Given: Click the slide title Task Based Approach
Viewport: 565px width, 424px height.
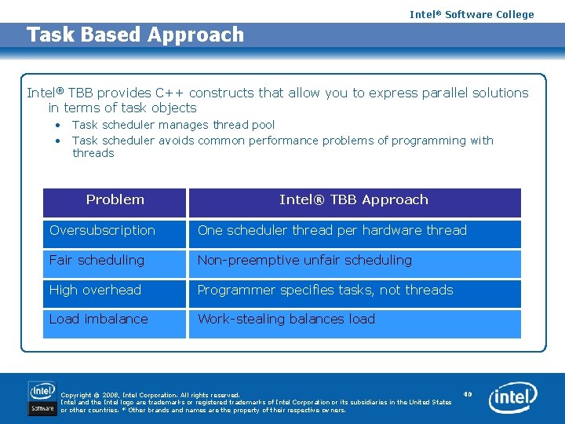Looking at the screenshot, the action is (x=135, y=35).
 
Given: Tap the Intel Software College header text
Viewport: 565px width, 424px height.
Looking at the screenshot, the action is (x=472, y=14).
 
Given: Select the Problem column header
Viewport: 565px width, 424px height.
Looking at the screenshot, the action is (x=115, y=203).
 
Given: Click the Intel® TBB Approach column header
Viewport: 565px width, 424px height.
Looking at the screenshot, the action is (x=355, y=203).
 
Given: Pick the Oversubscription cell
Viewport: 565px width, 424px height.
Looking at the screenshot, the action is (x=115, y=234).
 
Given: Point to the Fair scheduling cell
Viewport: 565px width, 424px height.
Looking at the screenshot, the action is (x=115, y=265).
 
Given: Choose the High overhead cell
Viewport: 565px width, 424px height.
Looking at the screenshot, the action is (x=115, y=294).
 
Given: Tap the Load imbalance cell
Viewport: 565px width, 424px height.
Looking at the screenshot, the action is (x=115, y=324).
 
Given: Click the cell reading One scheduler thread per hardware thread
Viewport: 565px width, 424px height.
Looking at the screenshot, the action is (x=355, y=234).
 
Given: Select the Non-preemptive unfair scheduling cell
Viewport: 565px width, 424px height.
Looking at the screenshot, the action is (x=355, y=265).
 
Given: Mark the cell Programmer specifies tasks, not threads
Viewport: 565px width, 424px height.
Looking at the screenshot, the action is (x=355, y=294).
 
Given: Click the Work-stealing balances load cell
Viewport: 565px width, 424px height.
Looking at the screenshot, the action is (x=355, y=324).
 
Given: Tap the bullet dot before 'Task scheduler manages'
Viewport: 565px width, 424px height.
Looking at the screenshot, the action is (x=58, y=126).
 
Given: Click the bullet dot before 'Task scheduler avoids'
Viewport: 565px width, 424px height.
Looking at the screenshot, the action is (x=58, y=141).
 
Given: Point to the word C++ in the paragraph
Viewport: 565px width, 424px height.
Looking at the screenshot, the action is (x=169, y=93).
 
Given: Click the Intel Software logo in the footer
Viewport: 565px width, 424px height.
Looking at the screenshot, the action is (x=42, y=398).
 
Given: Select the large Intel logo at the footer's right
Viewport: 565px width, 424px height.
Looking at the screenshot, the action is (x=513, y=397).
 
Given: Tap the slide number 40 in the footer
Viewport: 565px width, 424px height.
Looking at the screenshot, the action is (x=468, y=394).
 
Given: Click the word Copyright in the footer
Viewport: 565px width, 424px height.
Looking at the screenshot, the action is (x=76, y=395).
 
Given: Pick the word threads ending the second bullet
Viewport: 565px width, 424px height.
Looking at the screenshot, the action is (x=93, y=153).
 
